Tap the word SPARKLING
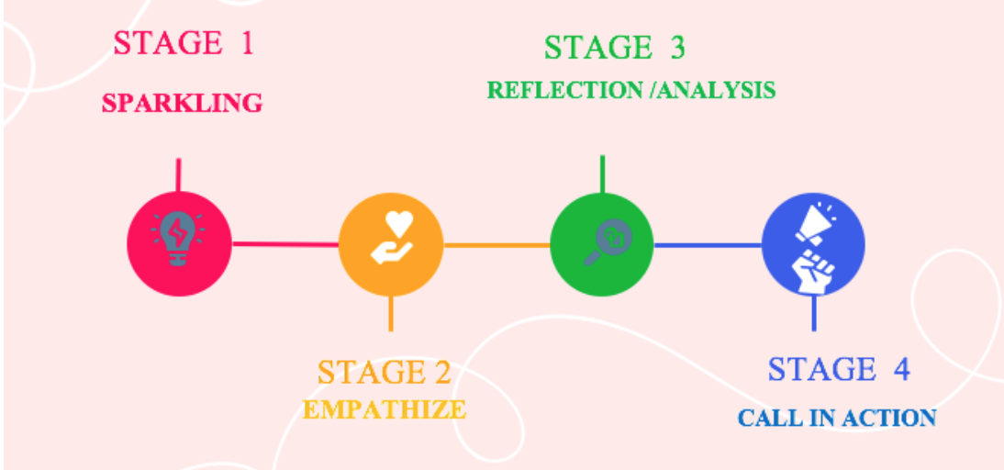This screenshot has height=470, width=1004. (182, 103)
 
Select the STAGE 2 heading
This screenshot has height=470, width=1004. (385, 373)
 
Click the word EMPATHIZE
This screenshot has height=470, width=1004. (385, 409)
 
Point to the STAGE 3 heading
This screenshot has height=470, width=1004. (614, 48)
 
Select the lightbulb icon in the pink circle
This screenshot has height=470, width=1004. (178, 239)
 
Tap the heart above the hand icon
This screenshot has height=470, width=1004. (399, 223)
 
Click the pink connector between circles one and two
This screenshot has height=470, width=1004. (284, 244)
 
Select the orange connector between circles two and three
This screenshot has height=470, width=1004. (496, 245)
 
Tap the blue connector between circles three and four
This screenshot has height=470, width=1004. (708, 245)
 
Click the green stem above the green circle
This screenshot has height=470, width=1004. (602, 174)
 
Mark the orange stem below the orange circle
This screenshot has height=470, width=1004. (391, 313)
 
